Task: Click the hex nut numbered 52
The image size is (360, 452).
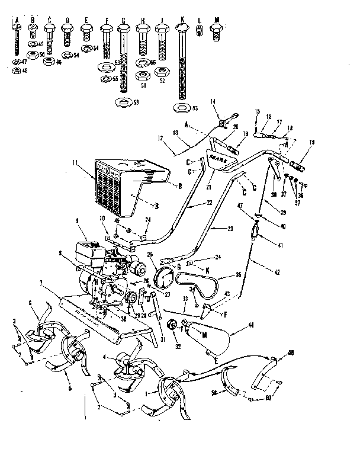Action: pyautogui.click(x=160, y=72)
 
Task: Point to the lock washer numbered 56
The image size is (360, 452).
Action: pyautogui.click(x=143, y=62)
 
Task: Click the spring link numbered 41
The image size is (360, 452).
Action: pyautogui.click(x=255, y=230)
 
